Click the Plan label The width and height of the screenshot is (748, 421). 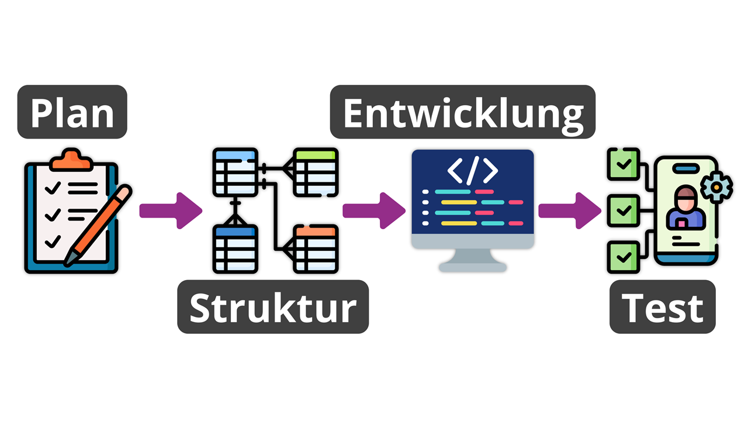tap(72, 112)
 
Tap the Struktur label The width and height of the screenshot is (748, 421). tap(273, 307)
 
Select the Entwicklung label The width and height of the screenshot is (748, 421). tap(462, 112)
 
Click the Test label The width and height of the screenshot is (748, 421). tap(663, 307)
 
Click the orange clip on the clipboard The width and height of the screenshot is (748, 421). tap(71, 160)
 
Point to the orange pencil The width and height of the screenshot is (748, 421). tap(98, 226)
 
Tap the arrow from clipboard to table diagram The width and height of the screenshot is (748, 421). tap(171, 211)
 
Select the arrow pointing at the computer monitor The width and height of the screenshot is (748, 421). tap(374, 211)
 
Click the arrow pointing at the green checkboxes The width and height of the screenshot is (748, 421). tap(570, 211)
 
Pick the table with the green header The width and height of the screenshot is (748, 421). tap(316, 172)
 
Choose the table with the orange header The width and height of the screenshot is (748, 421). tap(316, 249)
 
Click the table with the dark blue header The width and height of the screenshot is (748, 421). tap(236, 249)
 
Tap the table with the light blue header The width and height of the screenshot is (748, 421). tap(236, 172)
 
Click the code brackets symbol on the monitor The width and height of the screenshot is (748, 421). tap(473, 170)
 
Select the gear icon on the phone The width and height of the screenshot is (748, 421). tap(716, 187)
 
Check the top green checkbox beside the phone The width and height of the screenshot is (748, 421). tap(624, 164)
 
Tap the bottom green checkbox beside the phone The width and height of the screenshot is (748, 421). tap(624, 257)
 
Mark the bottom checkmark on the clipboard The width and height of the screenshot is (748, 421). tap(53, 241)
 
